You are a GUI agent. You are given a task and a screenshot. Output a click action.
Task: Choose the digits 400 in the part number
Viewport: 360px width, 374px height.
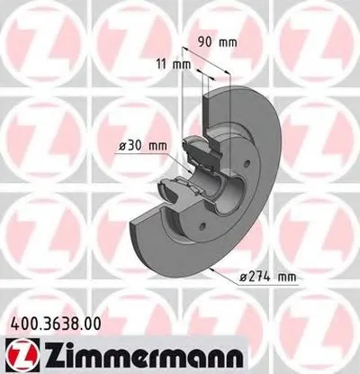(x=21, y=318)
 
